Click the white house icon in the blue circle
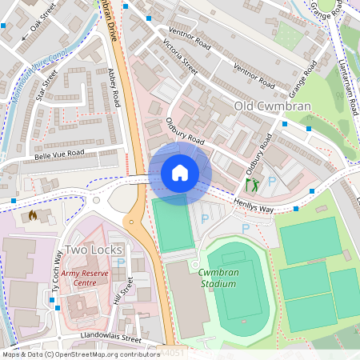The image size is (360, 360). (x=180, y=173)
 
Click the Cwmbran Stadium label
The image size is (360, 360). (x=217, y=278)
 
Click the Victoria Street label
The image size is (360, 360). (x=180, y=57)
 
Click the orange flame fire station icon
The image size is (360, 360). (x=33, y=215)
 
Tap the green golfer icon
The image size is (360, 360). (x=254, y=185)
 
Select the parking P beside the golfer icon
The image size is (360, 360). (x=271, y=182)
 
